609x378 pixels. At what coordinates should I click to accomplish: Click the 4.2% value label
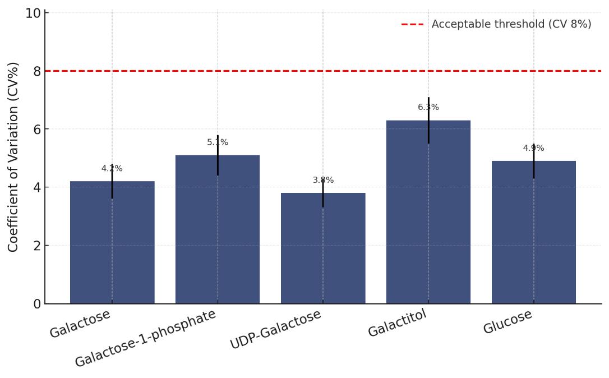point(112,168)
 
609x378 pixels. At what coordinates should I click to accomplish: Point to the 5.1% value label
point(218,142)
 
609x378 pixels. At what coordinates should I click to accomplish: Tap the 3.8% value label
point(323,180)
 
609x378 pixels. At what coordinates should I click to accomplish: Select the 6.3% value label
point(428,107)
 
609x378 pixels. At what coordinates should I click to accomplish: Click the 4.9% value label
point(534,148)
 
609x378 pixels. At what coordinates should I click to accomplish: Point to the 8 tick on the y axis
point(37,71)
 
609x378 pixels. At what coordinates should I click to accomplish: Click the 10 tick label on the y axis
point(33,13)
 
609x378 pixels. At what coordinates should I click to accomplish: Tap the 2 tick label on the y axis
point(37,246)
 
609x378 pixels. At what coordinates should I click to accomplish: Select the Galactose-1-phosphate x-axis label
point(146,338)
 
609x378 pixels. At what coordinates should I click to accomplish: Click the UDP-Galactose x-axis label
point(276,329)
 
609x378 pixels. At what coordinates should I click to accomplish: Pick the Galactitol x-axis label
point(397,323)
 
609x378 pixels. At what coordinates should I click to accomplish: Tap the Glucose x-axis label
point(507,322)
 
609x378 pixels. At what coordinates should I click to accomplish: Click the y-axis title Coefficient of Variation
point(13,156)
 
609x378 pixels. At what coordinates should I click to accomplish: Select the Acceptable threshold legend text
point(511,24)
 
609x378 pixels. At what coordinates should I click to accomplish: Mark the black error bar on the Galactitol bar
point(428,121)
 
